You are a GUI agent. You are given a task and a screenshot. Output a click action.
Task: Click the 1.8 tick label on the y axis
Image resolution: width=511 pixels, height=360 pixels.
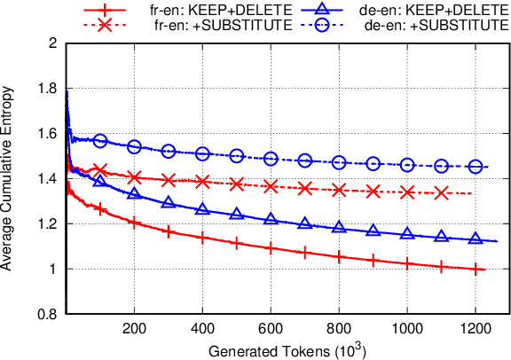click(x=47, y=88)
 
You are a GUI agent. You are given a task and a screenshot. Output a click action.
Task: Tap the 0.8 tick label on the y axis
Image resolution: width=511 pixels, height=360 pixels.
click(x=47, y=314)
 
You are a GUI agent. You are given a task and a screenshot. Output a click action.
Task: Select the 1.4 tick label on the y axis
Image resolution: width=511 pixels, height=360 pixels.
click(x=47, y=178)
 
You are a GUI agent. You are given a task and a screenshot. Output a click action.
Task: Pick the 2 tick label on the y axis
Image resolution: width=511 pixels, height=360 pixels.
click(x=53, y=43)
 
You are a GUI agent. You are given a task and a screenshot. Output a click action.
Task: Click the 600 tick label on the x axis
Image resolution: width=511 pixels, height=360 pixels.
click(x=271, y=328)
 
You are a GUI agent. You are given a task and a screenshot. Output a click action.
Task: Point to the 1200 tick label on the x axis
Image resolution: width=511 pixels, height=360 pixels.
click(x=476, y=328)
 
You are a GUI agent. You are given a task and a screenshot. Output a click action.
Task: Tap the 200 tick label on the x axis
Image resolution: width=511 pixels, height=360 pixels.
click(x=134, y=328)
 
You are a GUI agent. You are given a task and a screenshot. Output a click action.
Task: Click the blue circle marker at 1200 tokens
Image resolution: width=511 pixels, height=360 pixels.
click(x=476, y=167)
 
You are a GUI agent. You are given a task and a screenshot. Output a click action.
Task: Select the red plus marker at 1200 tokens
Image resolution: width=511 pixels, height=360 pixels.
click(x=476, y=269)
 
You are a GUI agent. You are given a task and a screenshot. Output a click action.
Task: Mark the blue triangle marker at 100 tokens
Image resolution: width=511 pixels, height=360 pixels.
click(x=100, y=181)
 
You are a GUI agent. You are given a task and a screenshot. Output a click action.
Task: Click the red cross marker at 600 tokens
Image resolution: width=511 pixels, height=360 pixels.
click(x=271, y=186)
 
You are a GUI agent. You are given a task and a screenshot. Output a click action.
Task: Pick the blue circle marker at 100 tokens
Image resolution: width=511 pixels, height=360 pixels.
click(x=100, y=141)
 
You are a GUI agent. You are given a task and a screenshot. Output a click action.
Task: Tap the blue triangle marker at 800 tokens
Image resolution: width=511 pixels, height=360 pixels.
click(x=339, y=227)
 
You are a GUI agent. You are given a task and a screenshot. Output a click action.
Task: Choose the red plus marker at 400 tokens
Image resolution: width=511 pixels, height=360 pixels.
click(x=202, y=238)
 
